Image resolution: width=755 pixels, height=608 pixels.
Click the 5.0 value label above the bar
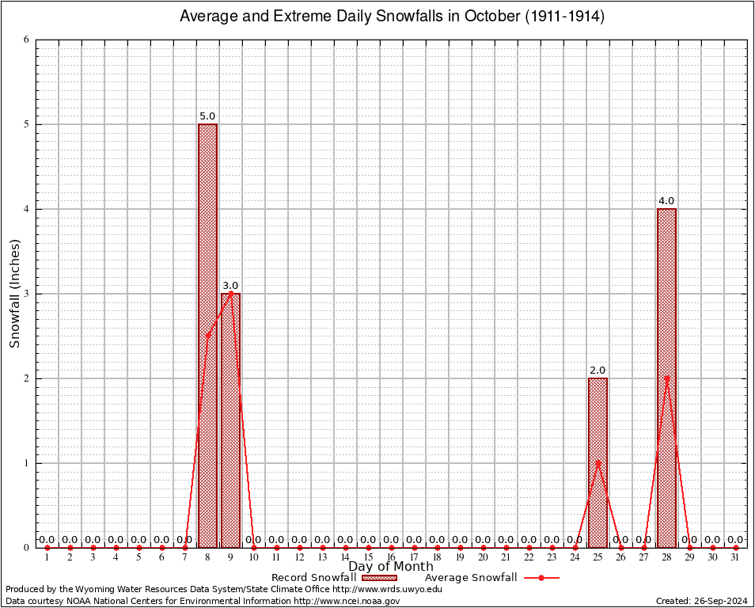[207, 116]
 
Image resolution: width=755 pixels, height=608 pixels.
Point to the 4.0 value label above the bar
[666, 201]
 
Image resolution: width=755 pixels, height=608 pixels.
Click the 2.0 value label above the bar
[598, 370]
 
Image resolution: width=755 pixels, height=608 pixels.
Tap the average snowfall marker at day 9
[230, 294]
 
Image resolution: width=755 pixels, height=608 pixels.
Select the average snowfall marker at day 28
[667, 378]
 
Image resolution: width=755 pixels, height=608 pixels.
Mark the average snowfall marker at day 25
[598, 462]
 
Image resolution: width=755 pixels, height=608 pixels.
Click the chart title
[392, 17]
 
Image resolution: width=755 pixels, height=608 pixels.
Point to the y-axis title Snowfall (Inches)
[15, 294]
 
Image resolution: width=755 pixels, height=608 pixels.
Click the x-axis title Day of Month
[391, 566]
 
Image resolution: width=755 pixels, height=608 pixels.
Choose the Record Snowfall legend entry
[332, 578]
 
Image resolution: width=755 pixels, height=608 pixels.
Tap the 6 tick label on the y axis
[27, 40]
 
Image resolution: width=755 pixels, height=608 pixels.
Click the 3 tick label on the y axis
[27, 294]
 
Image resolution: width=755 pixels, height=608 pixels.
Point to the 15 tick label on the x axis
[368, 558]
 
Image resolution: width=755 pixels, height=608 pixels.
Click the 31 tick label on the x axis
[735, 558]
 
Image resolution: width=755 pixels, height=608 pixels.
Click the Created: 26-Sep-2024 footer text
[701, 601]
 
